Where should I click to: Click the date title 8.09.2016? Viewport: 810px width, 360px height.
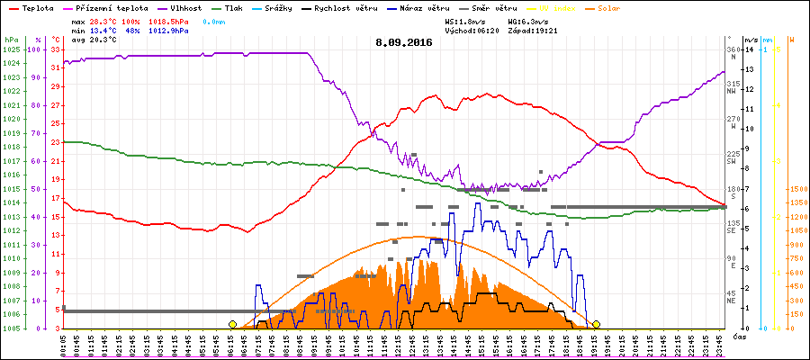click(x=404, y=41)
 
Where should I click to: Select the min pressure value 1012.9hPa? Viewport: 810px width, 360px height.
click(x=168, y=30)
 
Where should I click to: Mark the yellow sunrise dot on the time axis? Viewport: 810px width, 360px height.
click(x=232, y=324)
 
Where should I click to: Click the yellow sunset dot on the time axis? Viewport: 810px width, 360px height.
click(x=596, y=324)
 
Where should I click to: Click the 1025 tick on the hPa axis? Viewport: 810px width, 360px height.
click(x=11, y=49)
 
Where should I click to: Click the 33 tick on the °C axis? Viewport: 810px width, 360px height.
click(x=56, y=49)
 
